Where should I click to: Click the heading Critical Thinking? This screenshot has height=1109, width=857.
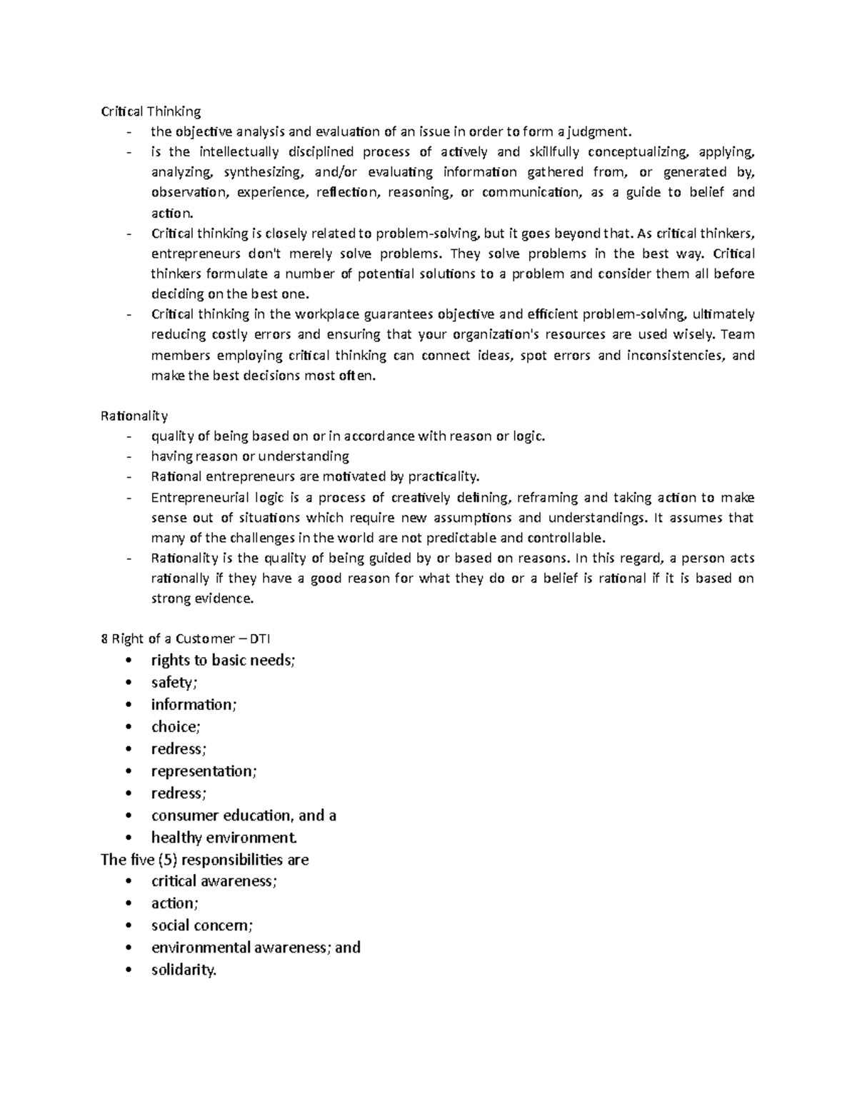pyautogui.click(x=151, y=111)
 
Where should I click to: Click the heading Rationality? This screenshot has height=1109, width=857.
pyautogui.click(x=134, y=416)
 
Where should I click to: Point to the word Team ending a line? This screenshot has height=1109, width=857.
pyautogui.click(x=738, y=335)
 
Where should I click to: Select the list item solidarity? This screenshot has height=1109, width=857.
pyautogui.click(x=184, y=970)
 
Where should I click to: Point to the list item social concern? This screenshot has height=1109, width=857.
pyautogui.click(x=202, y=926)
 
